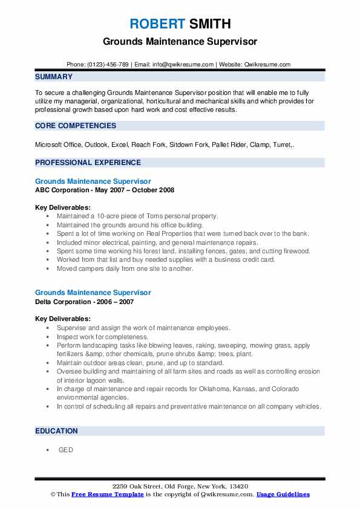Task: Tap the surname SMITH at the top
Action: pyautogui.click(x=209, y=24)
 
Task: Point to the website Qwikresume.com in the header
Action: pyautogui.click(x=268, y=64)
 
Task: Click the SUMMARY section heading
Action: pyautogui.click(x=54, y=77)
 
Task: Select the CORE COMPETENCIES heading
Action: pyautogui.click(x=76, y=126)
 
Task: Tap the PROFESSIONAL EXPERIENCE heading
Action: pyautogui.click(x=88, y=162)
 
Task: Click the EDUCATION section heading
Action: pyautogui.click(x=56, y=431)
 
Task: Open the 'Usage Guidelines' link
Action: pyautogui.click(x=283, y=494)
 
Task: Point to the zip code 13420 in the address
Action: pyautogui.click(x=237, y=486)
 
